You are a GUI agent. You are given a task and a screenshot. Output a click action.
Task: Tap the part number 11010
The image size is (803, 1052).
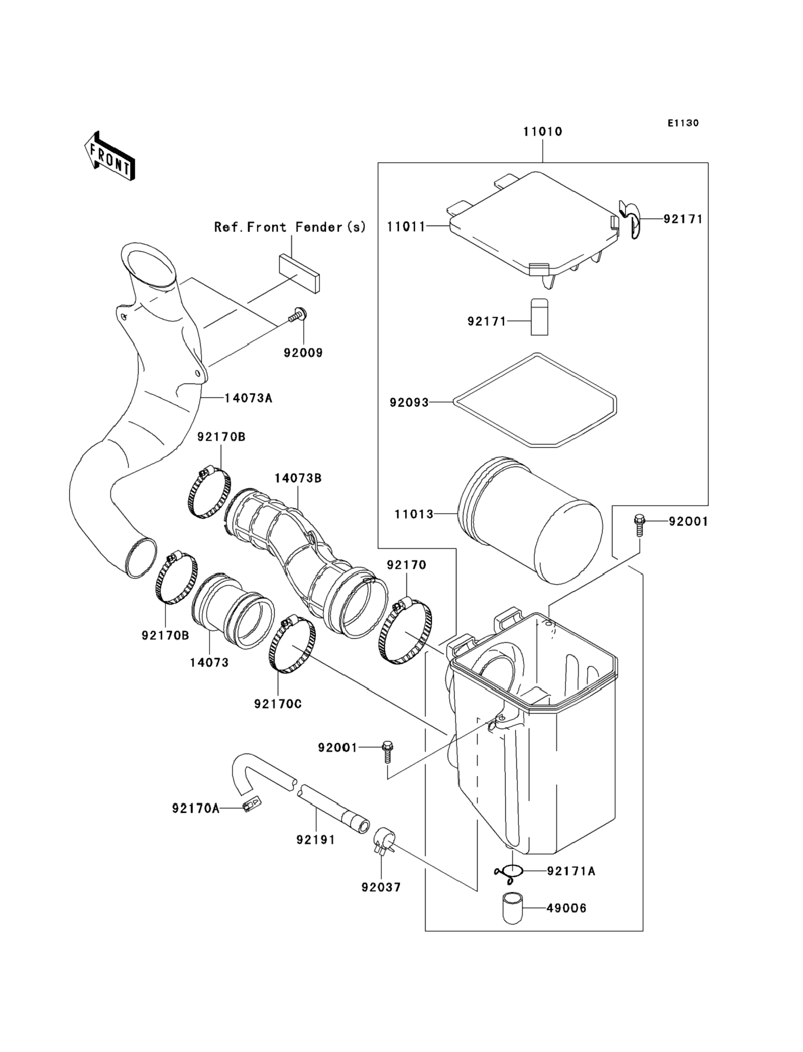543,131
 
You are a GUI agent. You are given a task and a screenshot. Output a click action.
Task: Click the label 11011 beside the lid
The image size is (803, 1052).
406,226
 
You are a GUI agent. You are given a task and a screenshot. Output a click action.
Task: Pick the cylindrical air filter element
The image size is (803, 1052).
530,520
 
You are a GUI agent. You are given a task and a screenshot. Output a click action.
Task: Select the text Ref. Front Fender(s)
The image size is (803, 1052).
290,227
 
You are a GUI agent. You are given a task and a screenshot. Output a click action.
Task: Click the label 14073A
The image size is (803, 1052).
248,397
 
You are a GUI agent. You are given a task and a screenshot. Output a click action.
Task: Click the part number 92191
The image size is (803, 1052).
316,840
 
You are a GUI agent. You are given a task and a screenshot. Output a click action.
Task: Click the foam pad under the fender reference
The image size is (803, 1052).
299,273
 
